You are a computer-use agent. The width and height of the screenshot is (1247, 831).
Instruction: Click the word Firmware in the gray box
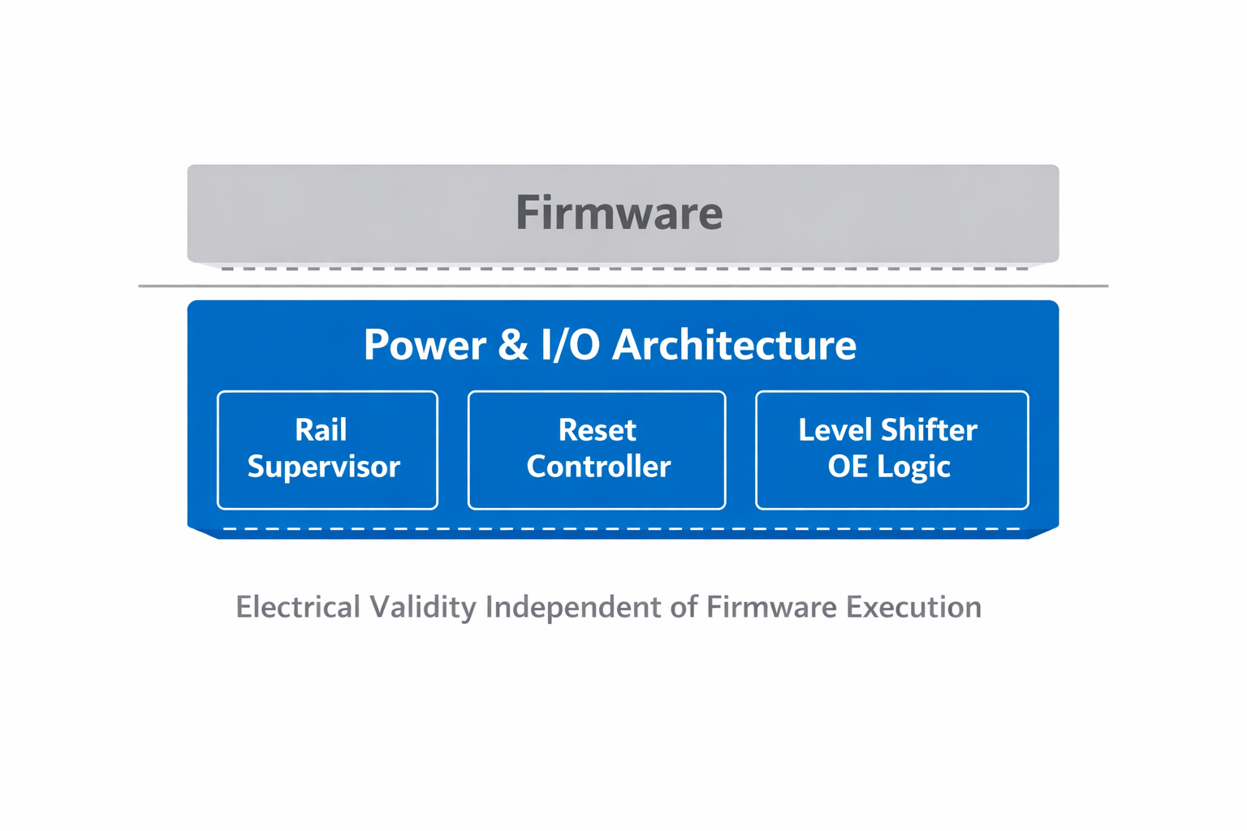[x=619, y=213]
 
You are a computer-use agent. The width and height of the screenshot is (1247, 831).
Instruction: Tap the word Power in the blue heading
[x=425, y=345]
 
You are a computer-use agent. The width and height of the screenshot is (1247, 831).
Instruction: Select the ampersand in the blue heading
[x=512, y=345]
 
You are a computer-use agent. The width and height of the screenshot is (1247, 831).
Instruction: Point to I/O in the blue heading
[x=570, y=345]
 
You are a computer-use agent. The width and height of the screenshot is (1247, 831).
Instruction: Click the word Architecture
[x=734, y=345]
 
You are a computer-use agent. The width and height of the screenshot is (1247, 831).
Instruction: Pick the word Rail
[x=321, y=430]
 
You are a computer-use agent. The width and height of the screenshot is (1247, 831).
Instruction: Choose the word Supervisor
[x=324, y=467]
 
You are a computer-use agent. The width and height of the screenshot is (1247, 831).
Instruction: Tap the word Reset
[x=598, y=430]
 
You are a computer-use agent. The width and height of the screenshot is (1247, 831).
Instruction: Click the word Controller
[x=598, y=467]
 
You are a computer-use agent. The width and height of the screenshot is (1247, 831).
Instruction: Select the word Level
[x=835, y=430]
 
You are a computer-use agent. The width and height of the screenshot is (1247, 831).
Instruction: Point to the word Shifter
[x=929, y=430]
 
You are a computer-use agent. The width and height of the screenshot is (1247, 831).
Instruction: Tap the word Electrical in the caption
[x=297, y=607]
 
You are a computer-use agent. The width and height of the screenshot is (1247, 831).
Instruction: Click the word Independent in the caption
[x=573, y=607]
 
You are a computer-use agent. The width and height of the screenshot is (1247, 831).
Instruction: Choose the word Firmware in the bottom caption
[x=770, y=607]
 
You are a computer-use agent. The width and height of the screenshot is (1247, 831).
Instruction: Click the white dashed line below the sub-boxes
[x=622, y=529]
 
